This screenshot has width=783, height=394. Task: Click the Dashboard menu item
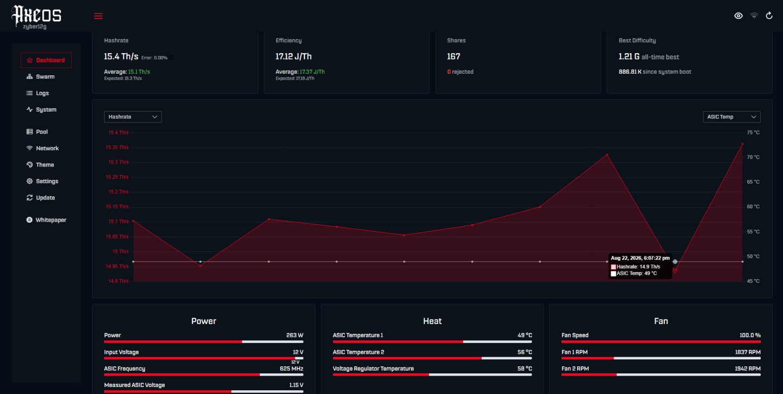(46, 60)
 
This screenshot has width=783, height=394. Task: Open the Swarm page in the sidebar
(41, 76)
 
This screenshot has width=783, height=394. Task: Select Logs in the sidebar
(38, 93)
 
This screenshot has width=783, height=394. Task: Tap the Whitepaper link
(46, 220)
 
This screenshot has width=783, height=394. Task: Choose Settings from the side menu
(42, 181)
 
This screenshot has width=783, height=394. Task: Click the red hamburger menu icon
(98, 16)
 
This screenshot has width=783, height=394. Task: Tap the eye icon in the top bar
(738, 16)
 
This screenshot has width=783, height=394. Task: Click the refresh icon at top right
(769, 16)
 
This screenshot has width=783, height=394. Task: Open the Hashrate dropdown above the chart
(133, 117)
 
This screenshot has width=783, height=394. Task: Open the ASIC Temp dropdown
(732, 117)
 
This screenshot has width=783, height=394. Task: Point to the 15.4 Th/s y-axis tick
(119, 132)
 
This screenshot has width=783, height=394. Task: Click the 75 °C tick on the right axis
(753, 132)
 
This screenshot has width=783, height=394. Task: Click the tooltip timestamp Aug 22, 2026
(626, 258)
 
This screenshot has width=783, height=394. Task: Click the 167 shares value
(454, 56)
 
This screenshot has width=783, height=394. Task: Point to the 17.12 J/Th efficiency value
(294, 56)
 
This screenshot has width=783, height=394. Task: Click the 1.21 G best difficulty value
(629, 57)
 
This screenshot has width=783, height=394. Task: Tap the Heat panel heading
(432, 321)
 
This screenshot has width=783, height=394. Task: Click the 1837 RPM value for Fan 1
(748, 352)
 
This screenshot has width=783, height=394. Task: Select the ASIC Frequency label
(125, 369)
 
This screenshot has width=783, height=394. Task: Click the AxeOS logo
(36, 16)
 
